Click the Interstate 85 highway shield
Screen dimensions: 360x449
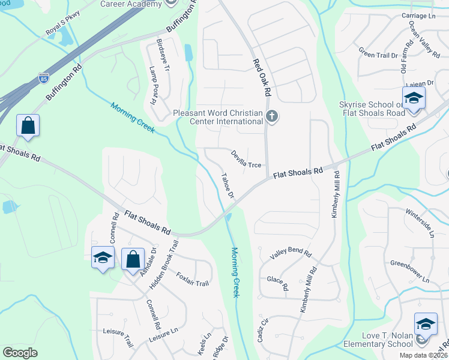(x=43, y=78)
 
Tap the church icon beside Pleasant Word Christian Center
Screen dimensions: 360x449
(x=272, y=116)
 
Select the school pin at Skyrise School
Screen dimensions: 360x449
(x=414, y=98)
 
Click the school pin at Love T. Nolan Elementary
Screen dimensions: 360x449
(x=426, y=325)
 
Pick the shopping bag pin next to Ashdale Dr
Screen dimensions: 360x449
(x=133, y=259)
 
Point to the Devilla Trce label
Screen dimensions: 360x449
(x=246, y=159)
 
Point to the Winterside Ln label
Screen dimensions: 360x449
(x=420, y=223)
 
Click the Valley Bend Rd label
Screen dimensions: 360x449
(x=291, y=254)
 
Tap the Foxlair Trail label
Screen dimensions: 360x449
(x=193, y=279)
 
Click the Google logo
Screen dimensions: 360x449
(x=20, y=353)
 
